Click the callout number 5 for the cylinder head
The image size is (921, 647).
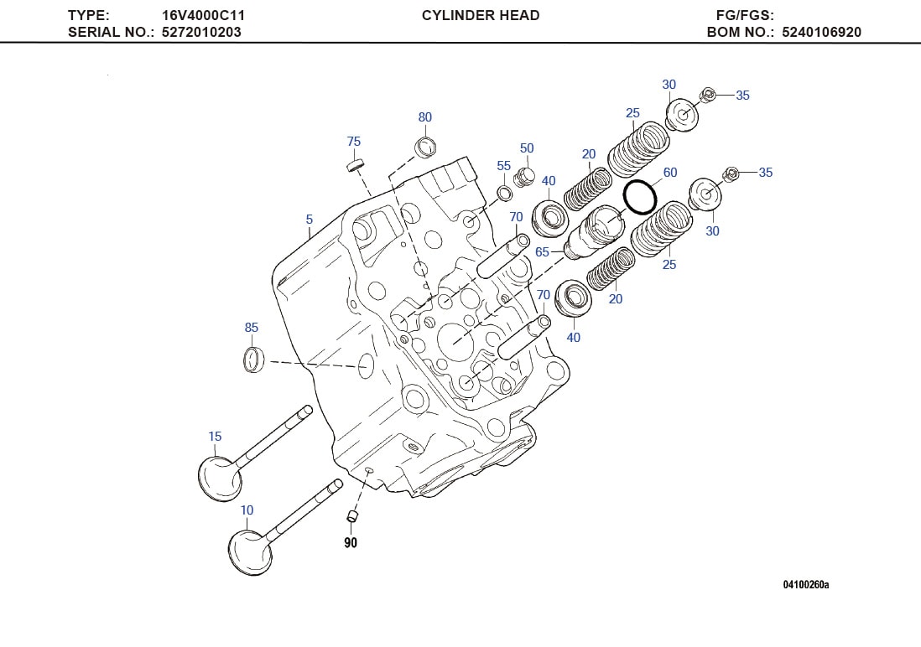309,220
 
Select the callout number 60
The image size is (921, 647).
669,173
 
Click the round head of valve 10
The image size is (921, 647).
250,551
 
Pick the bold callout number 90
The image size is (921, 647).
351,543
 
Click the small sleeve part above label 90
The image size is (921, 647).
352,515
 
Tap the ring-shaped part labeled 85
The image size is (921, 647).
253,359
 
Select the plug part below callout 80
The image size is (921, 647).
426,147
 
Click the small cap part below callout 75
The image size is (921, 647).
356,163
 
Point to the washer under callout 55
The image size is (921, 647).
505,194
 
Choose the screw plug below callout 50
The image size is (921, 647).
527,177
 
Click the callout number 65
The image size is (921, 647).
542,252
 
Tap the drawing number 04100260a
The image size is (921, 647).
805,584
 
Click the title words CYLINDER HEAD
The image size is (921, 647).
481,15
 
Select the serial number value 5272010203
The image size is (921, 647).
201,33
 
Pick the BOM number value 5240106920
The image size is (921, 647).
821,33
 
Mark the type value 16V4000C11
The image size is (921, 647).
203,15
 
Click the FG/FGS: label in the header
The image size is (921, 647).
745,15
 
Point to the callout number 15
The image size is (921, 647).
215,437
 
